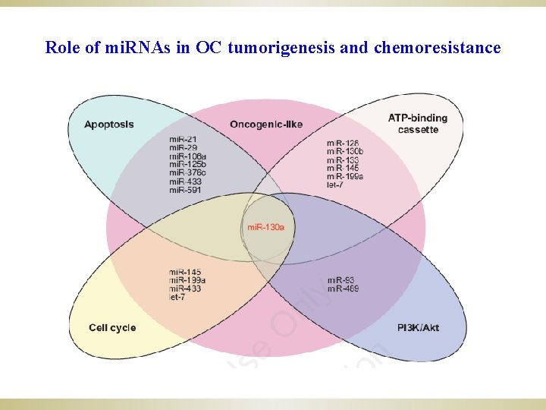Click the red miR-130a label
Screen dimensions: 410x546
(x=266, y=228)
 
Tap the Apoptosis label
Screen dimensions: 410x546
(x=109, y=125)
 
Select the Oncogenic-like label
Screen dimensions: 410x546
(x=265, y=125)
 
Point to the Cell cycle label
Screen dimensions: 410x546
(x=112, y=327)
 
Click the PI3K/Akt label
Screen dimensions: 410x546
(x=419, y=327)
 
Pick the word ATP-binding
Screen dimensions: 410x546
(x=418, y=118)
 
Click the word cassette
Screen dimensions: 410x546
(x=418, y=130)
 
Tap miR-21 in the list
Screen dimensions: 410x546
(x=182, y=140)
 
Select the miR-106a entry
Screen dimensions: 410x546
(x=187, y=156)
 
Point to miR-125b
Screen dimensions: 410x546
(x=187, y=165)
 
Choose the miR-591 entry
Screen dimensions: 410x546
(x=185, y=190)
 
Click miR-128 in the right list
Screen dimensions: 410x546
(x=344, y=143)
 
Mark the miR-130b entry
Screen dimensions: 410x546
(x=346, y=152)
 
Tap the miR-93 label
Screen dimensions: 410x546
(x=341, y=280)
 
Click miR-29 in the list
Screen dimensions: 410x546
(x=182, y=148)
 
